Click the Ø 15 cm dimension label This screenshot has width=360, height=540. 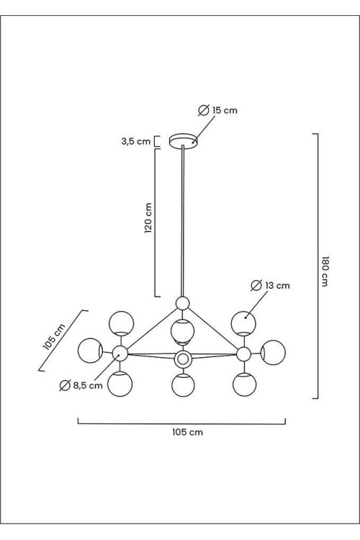[x=218, y=110]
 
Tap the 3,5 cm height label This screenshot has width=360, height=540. [x=136, y=141]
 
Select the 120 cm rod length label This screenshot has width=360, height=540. [x=148, y=218]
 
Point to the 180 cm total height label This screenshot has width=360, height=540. [x=325, y=271]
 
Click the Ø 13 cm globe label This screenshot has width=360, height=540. [x=271, y=286]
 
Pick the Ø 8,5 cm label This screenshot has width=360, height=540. [x=81, y=385]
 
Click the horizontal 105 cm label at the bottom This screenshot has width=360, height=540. [x=187, y=432]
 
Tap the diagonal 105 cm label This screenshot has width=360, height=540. [x=54, y=337]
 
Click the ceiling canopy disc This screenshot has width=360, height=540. [x=184, y=141]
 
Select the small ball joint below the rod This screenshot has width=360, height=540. [x=182, y=303]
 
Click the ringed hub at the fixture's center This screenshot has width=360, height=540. [x=183, y=359]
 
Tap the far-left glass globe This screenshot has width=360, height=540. [x=90, y=351]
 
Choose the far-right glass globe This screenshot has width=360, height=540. [x=273, y=352]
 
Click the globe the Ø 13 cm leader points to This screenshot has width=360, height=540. [x=243, y=323]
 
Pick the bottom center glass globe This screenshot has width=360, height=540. [x=184, y=384]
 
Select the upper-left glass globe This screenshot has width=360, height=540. [x=121, y=323]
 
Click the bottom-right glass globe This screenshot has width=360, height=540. [x=244, y=384]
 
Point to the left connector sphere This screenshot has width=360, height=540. [x=120, y=354]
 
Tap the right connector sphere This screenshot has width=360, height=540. [x=243, y=354]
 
